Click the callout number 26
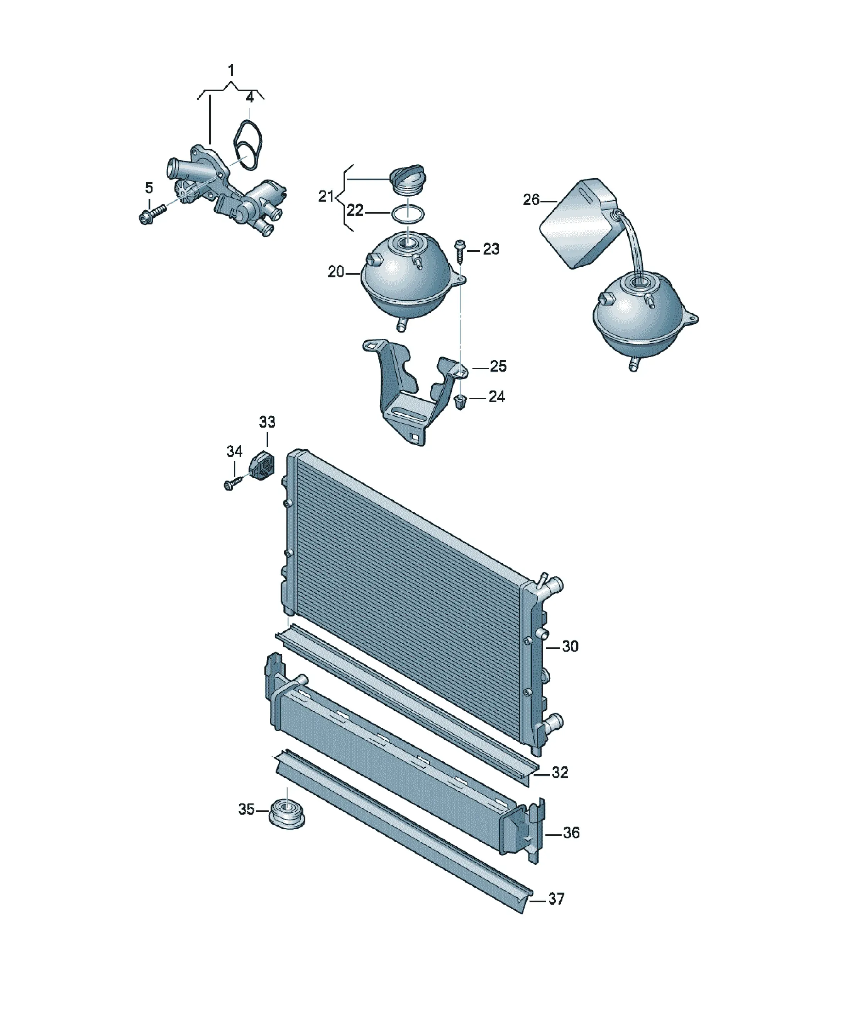click(531, 200)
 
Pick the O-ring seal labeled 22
click(408, 213)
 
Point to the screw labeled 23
click(459, 251)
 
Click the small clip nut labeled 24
click(460, 402)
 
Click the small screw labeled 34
click(233, 483)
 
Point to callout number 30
click(570, 647)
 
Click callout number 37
click(556, 899)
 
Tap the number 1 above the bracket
click(231, 70)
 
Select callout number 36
click(571, 832)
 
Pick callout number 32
click(560, 773)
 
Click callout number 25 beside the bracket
click(498, 366)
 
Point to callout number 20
click(336, 272)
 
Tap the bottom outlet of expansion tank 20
click(401, 325)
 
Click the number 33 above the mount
click(267, 422)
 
